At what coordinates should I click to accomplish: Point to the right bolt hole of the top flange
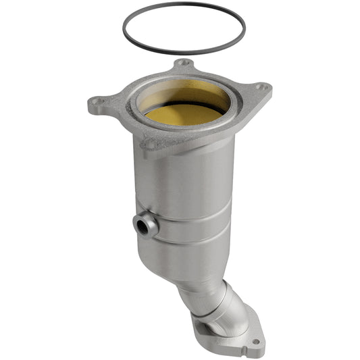click(x=261, y=87)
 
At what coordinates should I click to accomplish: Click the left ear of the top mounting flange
click(x=101, y=105)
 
